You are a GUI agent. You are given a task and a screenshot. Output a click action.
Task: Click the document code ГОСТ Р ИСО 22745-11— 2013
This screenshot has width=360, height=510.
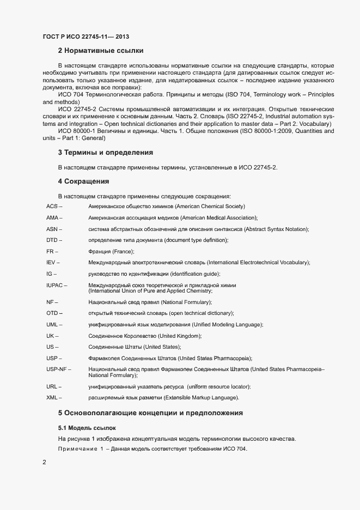click(86, 37)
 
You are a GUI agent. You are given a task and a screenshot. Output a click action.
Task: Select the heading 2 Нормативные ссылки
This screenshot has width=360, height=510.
click(101, 51)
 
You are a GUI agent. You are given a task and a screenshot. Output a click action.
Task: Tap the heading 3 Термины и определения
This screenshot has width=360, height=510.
click(105, 152)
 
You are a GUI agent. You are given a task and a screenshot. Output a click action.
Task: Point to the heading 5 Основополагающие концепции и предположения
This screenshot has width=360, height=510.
click(150, 413)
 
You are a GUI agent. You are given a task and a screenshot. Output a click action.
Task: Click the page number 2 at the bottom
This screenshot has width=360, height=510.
click(44, 463)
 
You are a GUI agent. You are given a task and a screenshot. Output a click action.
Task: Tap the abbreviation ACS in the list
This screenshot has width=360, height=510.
click(52, 207)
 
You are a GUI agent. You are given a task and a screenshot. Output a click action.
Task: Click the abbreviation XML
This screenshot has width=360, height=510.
click(52, 398)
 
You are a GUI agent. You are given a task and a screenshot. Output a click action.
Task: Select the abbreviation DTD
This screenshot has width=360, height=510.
click(52, 240)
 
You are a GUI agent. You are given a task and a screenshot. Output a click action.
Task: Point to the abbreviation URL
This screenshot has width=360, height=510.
click(52, 387)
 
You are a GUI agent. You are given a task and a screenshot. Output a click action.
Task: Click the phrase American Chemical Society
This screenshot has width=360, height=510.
click(211, 207)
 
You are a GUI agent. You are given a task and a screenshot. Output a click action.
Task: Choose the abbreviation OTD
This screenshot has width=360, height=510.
click(52, 313)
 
